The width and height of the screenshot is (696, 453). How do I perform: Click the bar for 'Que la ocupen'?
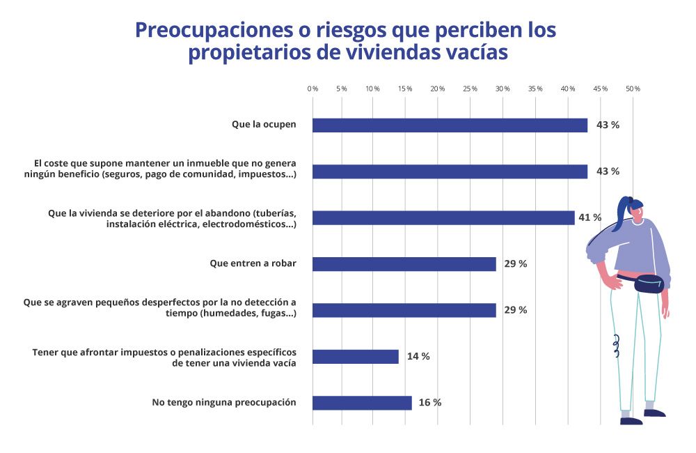pyautogui.click(x=450, y=125)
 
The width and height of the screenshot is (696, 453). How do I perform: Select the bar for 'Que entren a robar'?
pyautogui.click(x=404, y=264)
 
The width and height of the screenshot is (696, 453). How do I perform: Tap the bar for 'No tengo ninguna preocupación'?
pyautogui.click(x=362, y=403)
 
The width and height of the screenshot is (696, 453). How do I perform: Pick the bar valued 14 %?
pyautogui.click(x=355, y=357)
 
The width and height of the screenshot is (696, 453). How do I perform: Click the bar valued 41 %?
pyautogui.click(x=443, y=218)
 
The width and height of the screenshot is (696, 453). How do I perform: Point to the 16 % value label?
pyautogui.click(x=429, y=403)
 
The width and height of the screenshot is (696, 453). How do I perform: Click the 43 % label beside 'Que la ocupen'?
pyautogui.click(x=608, y=125)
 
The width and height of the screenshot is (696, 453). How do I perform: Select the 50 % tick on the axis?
pyautogui.click(x=633, y=89)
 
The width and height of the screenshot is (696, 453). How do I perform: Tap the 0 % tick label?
pyautogui.click(x=313, y=89)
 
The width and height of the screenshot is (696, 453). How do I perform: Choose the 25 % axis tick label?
pyautogui.click(x=470, y=89)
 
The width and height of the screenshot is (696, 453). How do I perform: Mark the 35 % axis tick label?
pyautogui.click(x=535, y=89)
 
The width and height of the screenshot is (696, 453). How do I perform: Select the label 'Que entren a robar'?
pyautogui.click(x=253, y=264)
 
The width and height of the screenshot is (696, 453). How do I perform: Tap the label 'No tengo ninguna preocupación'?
pyautogui.click(x=224, y=403)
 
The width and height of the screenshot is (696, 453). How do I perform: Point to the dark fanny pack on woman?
pyautogui.click(x=649, y=284)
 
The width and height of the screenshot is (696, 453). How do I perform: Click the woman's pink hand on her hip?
pyautogui.click(x=613, y=282)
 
